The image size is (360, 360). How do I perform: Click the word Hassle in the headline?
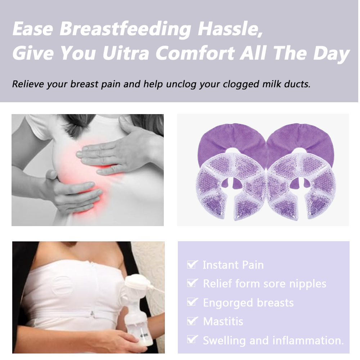[230, 29]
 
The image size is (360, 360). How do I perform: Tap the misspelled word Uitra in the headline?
[126, 53]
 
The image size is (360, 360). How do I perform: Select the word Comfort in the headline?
[195, 53]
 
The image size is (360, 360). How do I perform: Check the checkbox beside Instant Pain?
[192, 264]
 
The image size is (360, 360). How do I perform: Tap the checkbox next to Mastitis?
[192, 321]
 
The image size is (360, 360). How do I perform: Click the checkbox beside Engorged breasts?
[192, 302]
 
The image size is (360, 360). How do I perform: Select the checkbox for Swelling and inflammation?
[192, 339]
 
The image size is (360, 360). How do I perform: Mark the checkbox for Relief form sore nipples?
[192, 283]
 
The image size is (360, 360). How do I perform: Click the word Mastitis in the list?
[223, 321]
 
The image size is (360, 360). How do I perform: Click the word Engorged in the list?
[228, 303]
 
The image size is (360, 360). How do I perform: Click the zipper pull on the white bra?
[92, 314]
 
